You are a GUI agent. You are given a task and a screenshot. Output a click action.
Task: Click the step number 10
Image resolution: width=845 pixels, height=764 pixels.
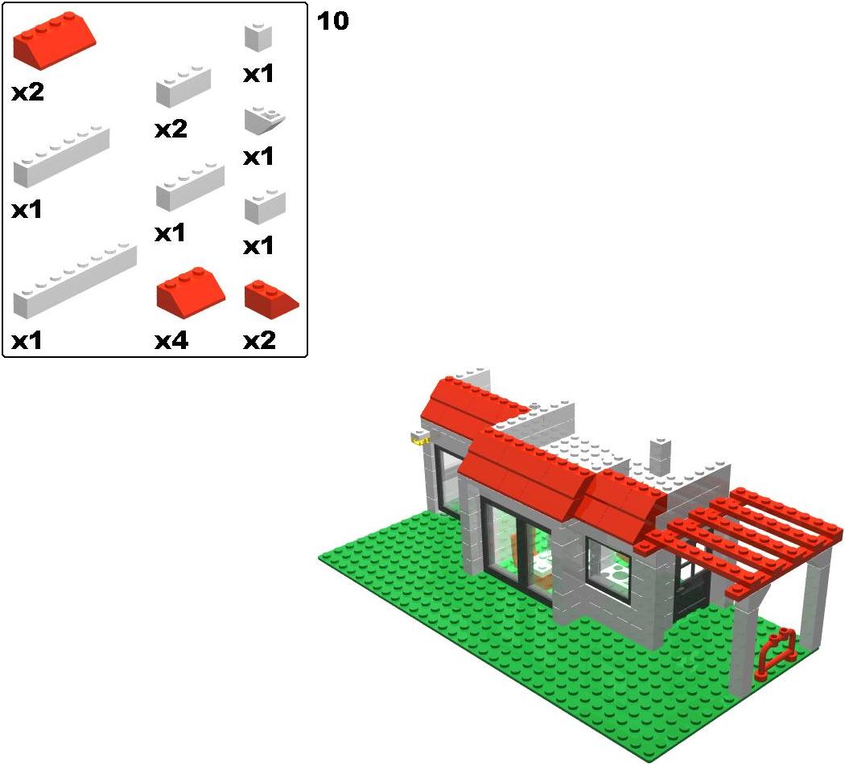[x=332, y=21]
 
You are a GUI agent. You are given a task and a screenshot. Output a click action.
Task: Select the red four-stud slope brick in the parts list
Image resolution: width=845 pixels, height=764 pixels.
[x=55, y=40]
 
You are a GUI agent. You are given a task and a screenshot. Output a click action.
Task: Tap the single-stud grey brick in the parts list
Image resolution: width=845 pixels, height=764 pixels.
[x=258, y=37]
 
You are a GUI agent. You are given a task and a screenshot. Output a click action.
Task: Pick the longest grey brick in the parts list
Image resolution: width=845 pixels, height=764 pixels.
[x=75, y=281]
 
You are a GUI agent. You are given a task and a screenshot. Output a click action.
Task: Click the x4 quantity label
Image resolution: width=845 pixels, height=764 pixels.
[x=171, y=341]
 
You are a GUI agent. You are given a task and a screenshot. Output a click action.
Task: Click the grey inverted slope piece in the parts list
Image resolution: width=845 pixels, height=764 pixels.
[x=265, y=120]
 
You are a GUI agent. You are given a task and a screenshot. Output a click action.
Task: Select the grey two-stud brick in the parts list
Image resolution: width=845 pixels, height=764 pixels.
[x=265, y=206]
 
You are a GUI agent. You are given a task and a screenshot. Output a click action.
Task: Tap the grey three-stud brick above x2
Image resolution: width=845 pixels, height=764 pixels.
[x=183, y=86]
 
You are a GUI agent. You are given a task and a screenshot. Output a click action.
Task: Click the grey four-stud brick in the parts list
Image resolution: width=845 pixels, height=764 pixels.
[x=190, y=186]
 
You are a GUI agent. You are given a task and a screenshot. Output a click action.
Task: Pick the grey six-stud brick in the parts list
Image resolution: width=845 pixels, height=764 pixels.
[x=61, y=157]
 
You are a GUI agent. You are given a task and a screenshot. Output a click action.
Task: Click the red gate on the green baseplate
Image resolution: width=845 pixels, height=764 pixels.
[x=775, y=655]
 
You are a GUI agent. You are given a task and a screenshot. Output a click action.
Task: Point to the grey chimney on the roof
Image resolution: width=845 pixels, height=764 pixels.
[x=660, y=457]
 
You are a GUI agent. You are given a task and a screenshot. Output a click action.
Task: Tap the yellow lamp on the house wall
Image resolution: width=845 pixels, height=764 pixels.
[x=420, y=441]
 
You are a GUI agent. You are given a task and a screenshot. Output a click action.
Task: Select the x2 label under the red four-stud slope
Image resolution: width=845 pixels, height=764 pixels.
[x=28, y=92]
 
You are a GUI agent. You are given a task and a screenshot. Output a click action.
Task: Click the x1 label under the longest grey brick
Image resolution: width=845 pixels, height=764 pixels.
[x=27, y=341]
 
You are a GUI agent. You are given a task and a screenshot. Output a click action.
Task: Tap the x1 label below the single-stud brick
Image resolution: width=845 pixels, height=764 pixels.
[x=258, y=74]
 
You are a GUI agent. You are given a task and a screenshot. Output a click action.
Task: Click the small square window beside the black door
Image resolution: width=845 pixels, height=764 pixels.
[x=608, y=570]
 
